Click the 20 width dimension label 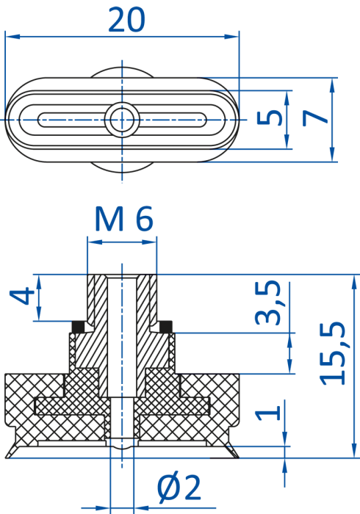[126, 19]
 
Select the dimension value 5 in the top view [269, 118]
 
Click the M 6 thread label [124, 218]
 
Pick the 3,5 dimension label [268, 303]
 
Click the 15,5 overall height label [333, 353]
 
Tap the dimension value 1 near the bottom [268, 413]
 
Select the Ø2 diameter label [179, 488]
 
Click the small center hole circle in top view [122, 119]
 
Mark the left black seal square [78, 326]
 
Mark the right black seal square [165, 326]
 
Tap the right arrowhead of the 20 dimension [232, 36]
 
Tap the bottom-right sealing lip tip [238, 457]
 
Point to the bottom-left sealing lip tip [6, 457]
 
